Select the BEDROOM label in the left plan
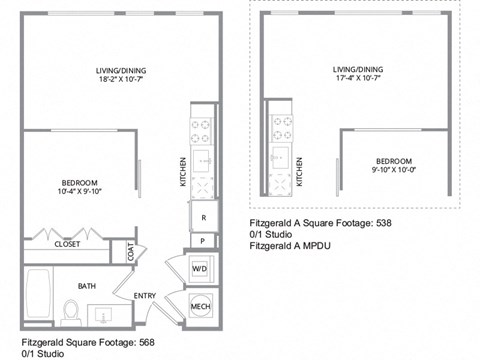[77, 181]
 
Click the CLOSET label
[67, 243]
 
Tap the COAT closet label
[131, 253]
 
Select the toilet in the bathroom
[71, 311]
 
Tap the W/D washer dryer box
[198, 268]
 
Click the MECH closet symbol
[199, 307]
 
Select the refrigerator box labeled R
[204, 217]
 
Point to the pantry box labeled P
[204, 241]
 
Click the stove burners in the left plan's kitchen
[198, 130]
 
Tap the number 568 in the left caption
[146, 341]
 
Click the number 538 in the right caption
[382, 223]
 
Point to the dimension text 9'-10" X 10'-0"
[393, 170]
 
